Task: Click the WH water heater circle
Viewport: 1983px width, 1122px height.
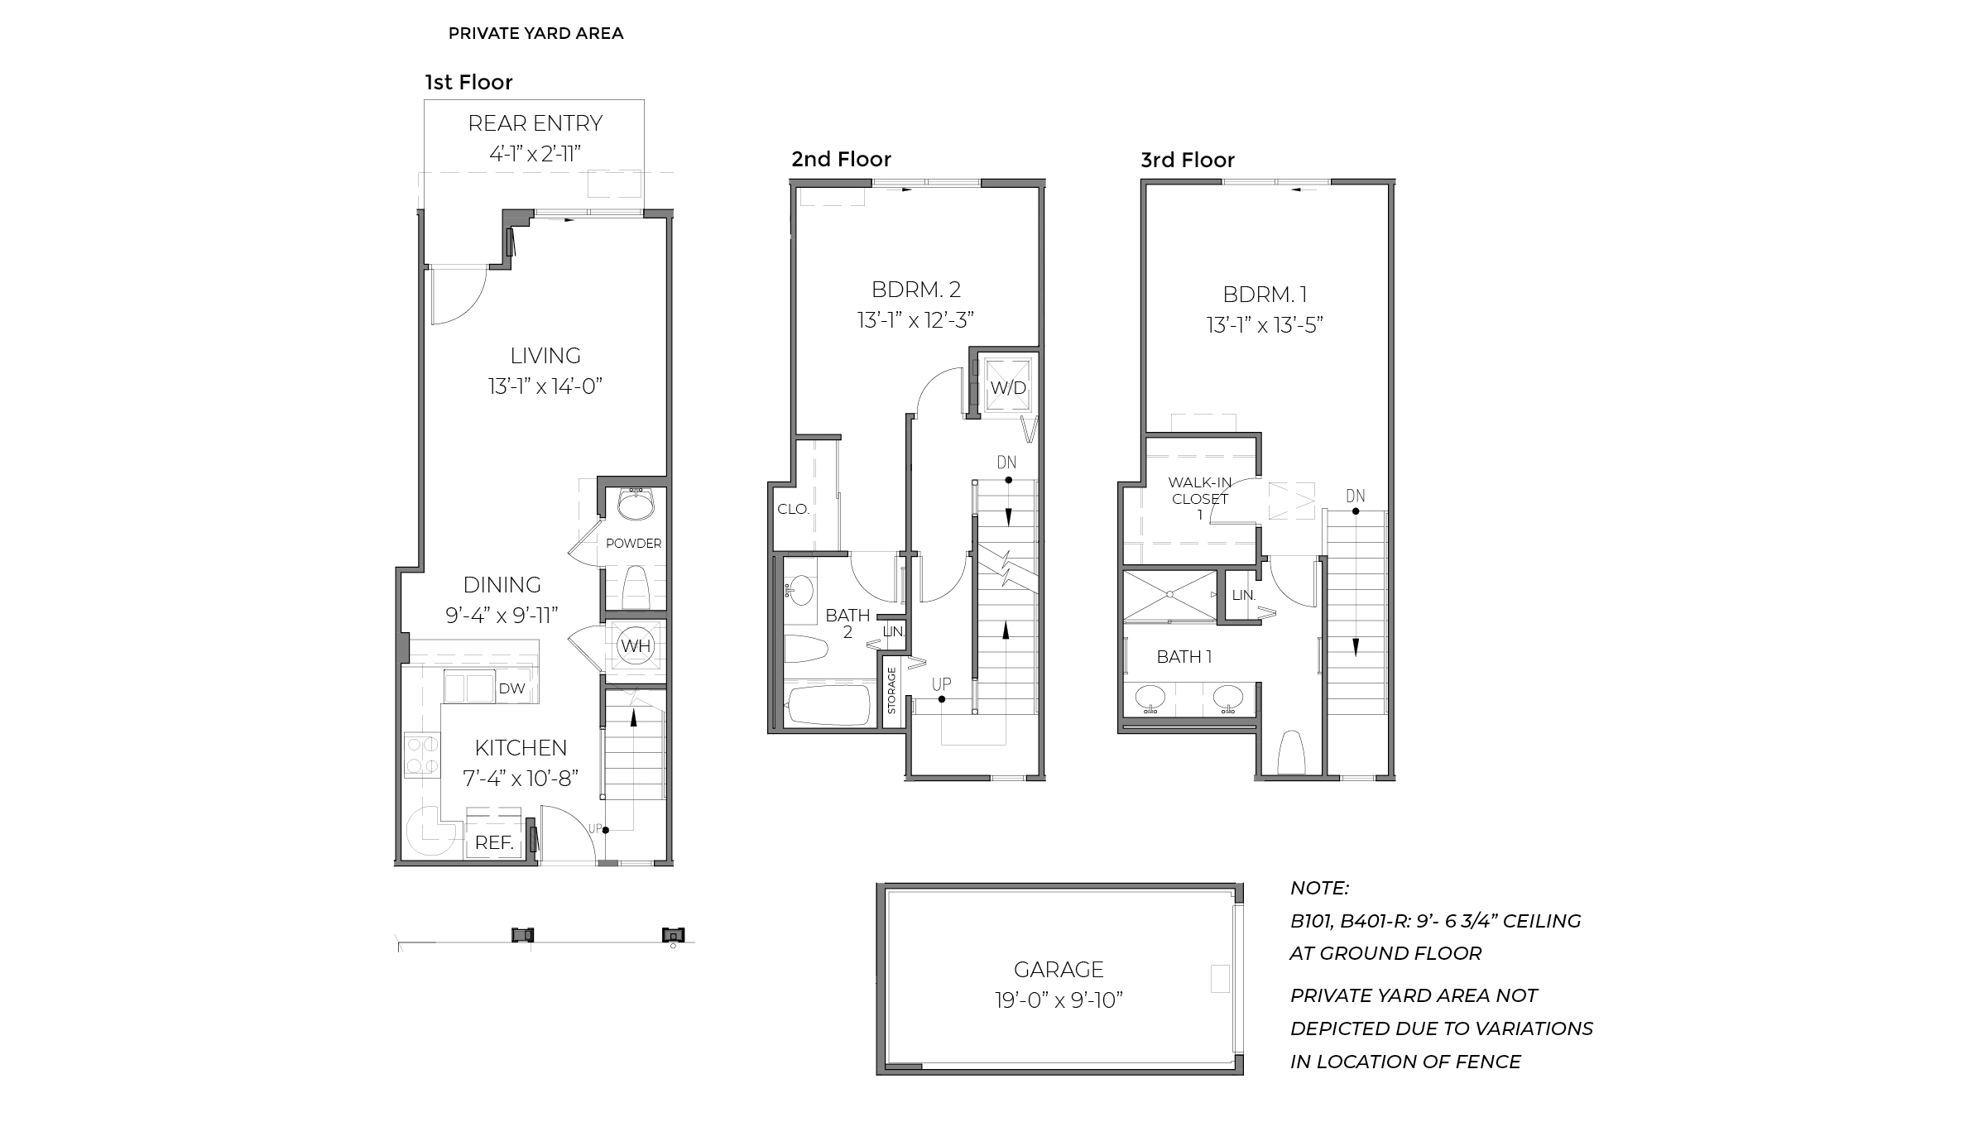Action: click(636, 646)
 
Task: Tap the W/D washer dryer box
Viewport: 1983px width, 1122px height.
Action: click(1008, 387)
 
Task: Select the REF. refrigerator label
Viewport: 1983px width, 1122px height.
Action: click(494, 843)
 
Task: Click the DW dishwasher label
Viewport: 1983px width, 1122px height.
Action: click(511, 688)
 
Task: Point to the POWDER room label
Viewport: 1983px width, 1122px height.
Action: click(633, 544)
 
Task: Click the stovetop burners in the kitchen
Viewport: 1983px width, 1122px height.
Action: click(422, 755)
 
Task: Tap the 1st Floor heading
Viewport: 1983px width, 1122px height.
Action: click(468, 82)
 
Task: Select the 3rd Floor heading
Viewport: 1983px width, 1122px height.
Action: click(1187, 160)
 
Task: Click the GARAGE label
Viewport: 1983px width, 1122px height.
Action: click(1059, 969)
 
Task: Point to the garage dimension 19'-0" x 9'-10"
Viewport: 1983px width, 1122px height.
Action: click(1059, 1000)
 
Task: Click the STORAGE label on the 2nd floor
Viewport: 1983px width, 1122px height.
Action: click(891, 691)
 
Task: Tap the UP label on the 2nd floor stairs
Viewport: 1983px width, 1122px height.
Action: click(941, 684)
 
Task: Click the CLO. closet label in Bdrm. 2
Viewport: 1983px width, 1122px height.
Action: click(793, 509)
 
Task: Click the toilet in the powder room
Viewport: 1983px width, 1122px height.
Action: click(634, 587)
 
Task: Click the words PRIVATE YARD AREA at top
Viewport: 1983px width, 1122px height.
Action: click(535, 33)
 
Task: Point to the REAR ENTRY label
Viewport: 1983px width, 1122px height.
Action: click(535, 123)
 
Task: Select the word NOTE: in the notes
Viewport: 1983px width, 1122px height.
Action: click(1319, 888)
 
